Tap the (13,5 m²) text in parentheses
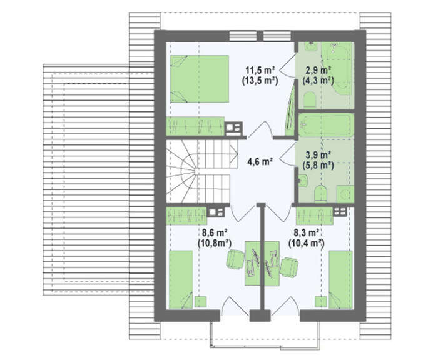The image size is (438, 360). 260,81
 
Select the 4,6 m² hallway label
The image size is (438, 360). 260,161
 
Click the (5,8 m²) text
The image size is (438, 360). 318,165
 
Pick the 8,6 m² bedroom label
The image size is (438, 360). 214,232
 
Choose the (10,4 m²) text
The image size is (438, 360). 307,243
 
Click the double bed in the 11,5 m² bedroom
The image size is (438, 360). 200,79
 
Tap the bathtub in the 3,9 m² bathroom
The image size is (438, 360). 326,125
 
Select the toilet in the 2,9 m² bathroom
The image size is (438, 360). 310,100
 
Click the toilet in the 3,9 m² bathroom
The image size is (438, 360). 320,193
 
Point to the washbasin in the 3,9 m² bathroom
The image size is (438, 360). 302,181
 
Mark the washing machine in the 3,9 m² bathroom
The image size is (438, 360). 345,194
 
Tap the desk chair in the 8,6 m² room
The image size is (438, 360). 235,259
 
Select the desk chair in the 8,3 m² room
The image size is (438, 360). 289,267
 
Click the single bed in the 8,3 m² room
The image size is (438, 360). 341,279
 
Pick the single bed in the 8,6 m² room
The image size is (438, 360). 181,279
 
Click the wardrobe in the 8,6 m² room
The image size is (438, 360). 186,216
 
